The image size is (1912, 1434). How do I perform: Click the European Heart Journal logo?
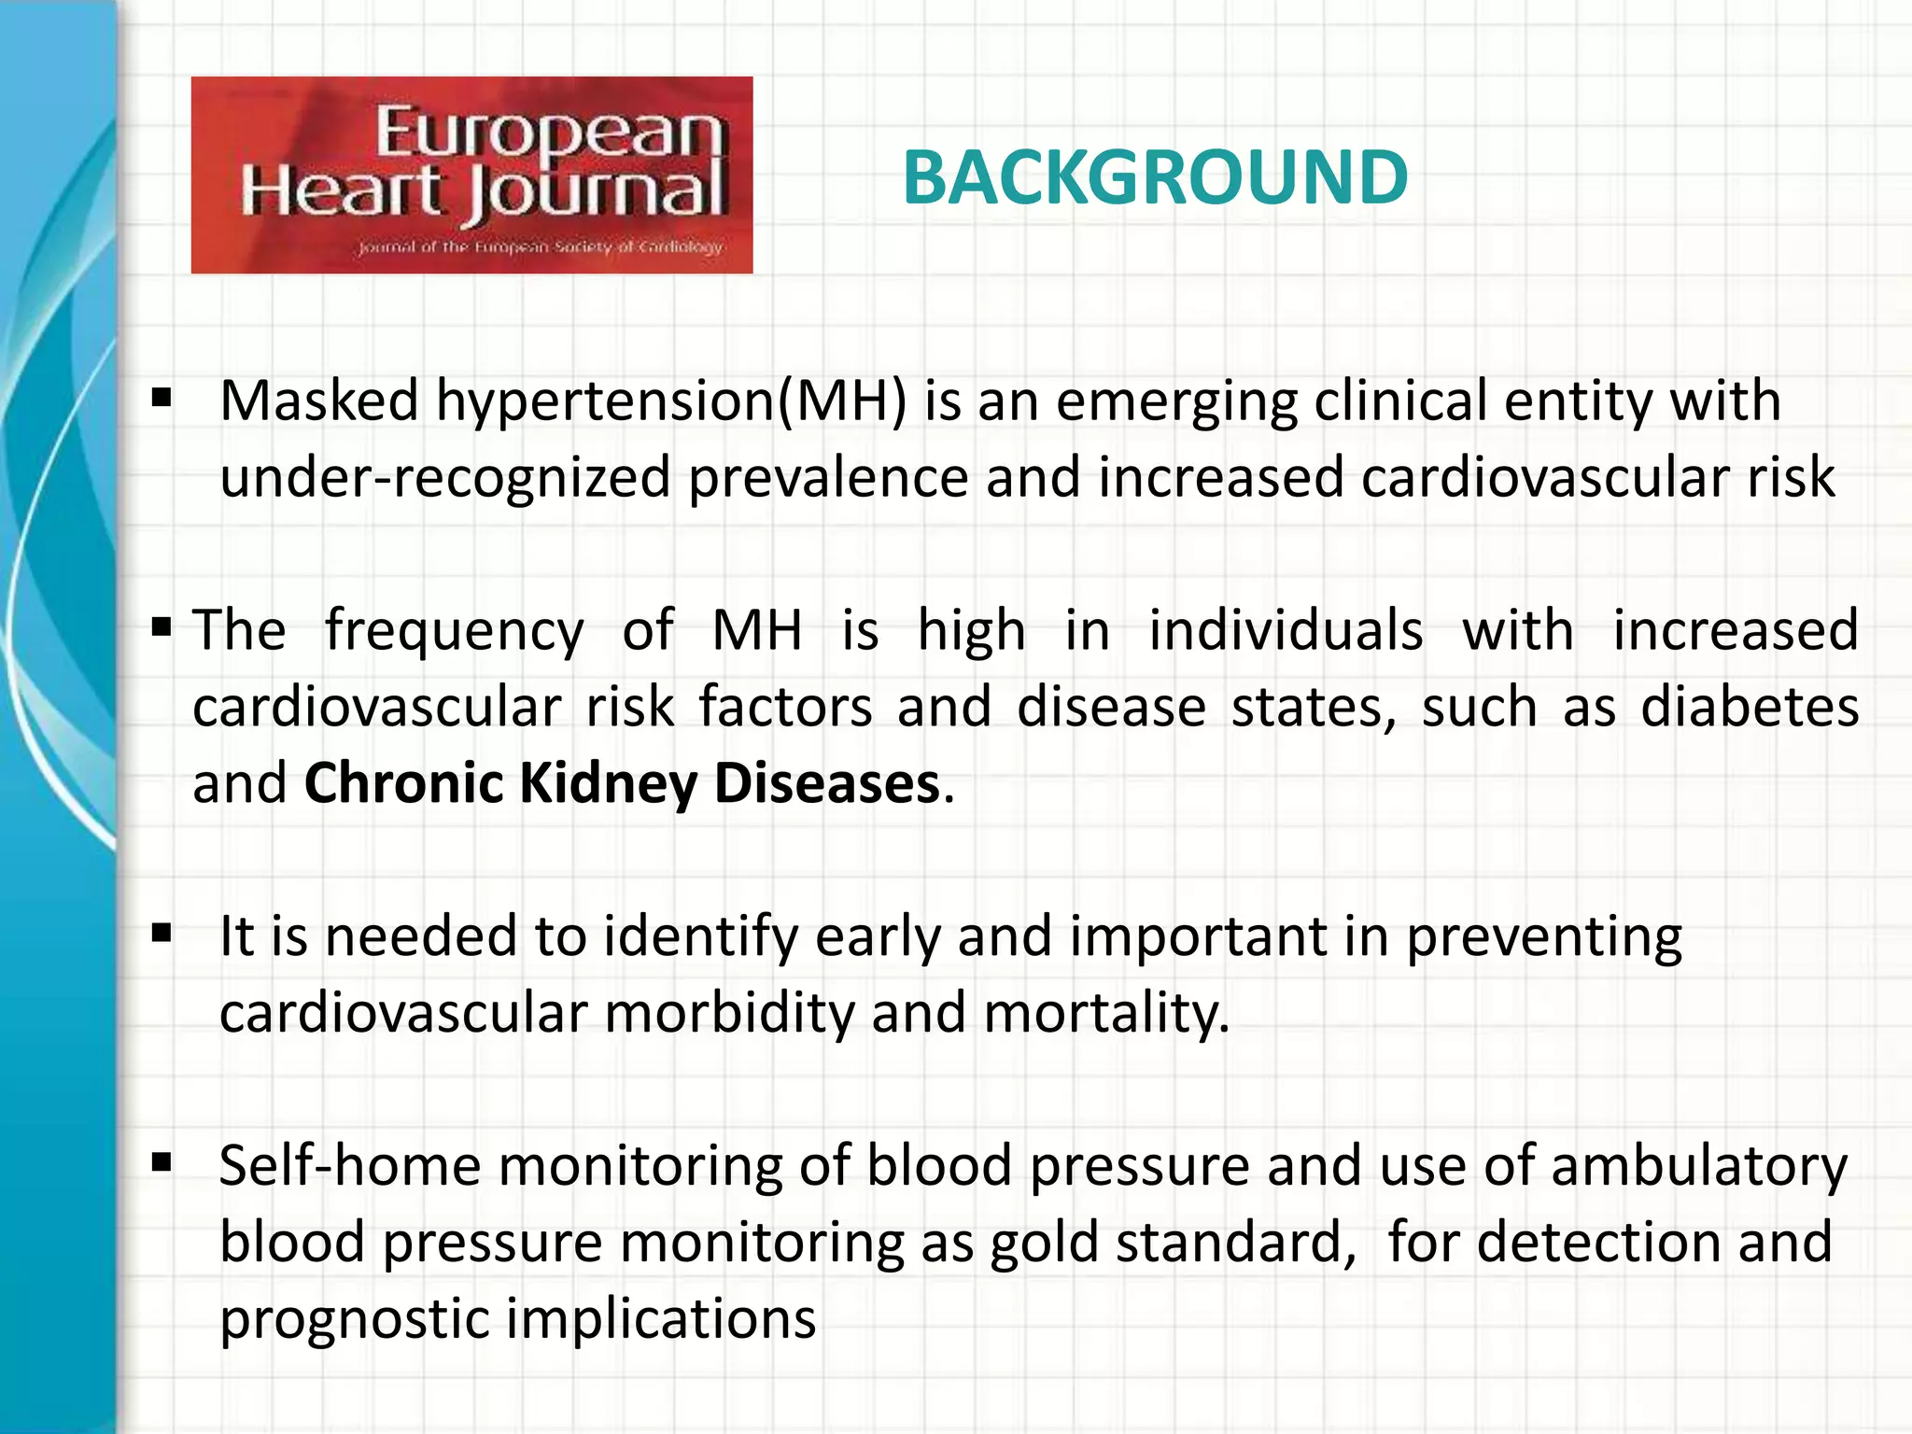[x=471, y=175]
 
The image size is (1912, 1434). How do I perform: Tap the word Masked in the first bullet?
[x=319, y=401]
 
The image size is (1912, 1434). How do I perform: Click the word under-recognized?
[x=445, y=478]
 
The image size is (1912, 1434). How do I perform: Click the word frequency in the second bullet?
[x=454, y=631]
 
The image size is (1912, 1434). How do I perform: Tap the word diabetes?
[x=1750, y=707]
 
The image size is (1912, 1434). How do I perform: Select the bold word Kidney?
[x=608, y=783]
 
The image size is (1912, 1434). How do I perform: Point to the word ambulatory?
[x=1699, y=1167]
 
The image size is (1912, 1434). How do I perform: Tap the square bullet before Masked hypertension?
[x=162, y=400]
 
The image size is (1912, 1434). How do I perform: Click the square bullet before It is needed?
[x=162, y=934]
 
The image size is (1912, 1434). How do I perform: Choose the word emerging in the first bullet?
[x=1176, y=402]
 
